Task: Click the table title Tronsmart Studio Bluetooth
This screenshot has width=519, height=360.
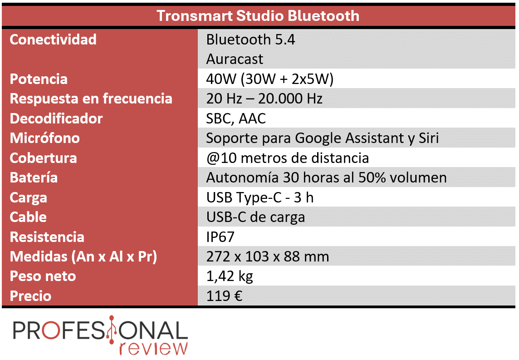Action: click(258, 15)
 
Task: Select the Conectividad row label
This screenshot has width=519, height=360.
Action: click(53, 39)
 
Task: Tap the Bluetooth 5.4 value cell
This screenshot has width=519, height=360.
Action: click(250, 39)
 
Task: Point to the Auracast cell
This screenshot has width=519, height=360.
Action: click(235, 59)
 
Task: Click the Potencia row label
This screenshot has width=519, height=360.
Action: click(39, 79)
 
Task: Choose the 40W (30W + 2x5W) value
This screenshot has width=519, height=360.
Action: click(270, 79)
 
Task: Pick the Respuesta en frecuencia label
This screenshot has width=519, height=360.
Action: click(91, 99)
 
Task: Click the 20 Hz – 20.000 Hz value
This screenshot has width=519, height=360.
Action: click(264, 99)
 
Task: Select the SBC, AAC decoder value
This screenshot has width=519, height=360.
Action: click(235, 118)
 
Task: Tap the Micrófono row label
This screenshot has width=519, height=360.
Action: click(44, 138)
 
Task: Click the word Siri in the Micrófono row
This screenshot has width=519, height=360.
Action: click(429, 138)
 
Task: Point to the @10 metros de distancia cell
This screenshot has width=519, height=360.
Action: click(287, 158)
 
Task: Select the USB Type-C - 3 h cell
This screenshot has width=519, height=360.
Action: click(260, 197)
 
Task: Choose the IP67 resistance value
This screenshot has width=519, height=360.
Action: click(220, 237)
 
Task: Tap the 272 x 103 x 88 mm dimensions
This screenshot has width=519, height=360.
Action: click(268, 256)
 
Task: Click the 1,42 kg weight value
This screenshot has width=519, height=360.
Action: click(230, 276)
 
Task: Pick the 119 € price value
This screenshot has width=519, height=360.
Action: click(224, 296)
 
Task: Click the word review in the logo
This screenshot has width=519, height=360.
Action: click(153, 348)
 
